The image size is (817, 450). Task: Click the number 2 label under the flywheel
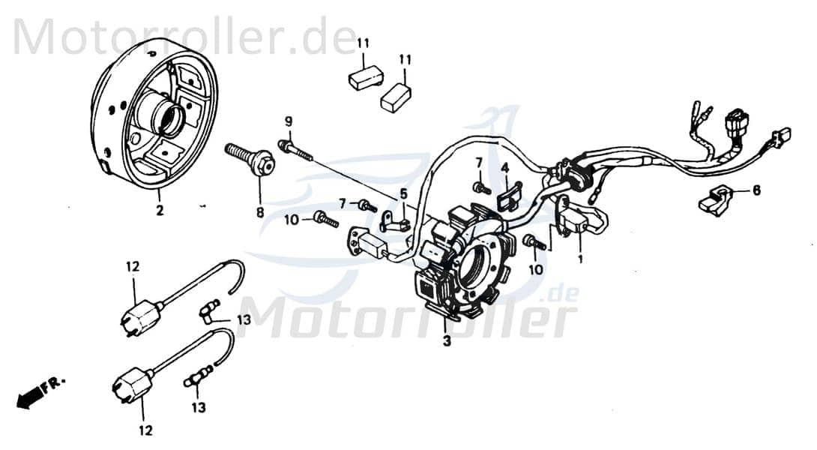tap(159, 212)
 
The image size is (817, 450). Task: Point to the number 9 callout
tap(288, 121)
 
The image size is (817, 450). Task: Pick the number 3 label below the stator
tap(447, 342)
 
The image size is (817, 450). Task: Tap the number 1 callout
tap(579, 259)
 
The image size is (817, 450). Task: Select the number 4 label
tap(505, 166)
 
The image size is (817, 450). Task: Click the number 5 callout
tap(403, 193)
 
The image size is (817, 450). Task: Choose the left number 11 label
tap(364, 43)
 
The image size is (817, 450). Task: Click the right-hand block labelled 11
tap(396, 97)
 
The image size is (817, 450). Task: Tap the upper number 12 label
tap(133, 266)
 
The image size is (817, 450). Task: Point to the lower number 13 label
tap(198, 409)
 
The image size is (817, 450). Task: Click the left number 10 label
tap(292, 219)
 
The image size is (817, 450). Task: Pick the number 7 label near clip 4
tap(478, 163)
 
